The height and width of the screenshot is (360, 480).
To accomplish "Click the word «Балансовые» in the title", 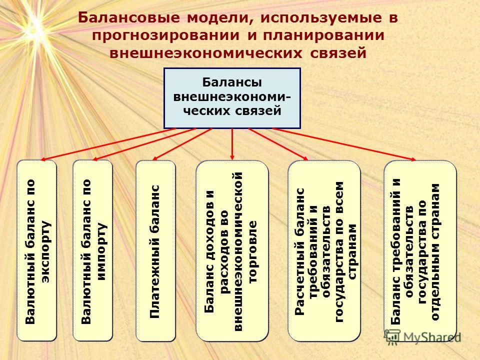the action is tap(129, 17).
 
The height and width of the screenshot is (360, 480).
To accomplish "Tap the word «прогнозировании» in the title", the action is tap(166, 35).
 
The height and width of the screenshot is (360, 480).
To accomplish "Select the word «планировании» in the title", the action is tap(323, 35).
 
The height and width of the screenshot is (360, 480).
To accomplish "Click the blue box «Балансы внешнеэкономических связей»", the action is tap(232, 98).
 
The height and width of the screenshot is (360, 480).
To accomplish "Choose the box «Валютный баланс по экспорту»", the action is tap(36, 250).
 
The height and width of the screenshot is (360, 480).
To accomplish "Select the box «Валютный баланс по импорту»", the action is tap(93, 250).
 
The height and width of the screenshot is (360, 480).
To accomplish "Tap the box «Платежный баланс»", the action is tap(155, 250).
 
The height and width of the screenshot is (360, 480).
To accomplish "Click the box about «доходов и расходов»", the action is tap(232, 250).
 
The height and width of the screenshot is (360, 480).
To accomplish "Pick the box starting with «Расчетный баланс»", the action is tap(324, 250).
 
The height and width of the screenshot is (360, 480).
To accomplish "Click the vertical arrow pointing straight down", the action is tap(232, 144).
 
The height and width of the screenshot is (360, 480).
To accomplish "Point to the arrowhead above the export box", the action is tap(43, 159).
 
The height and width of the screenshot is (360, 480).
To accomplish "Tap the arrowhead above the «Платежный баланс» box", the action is tap(155, 158).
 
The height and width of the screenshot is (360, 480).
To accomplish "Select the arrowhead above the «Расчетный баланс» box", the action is tap(305, 158).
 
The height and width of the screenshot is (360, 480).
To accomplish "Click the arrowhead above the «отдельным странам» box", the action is tap(413, 159).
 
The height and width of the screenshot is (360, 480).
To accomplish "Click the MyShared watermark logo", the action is tap(422, 337).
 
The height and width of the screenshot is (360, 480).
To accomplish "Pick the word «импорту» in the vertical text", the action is tap(101, 251).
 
